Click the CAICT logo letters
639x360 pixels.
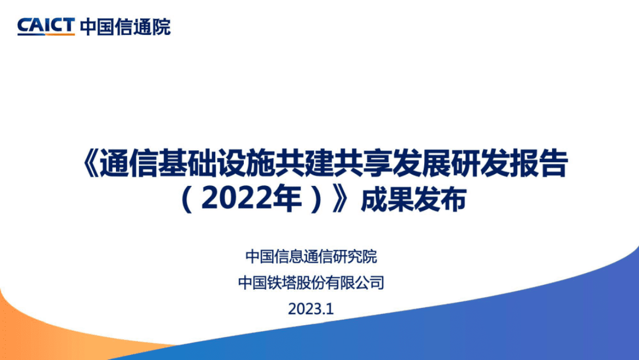pos(46,25)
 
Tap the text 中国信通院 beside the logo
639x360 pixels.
pos(125,26)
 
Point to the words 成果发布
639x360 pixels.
pos(412,201)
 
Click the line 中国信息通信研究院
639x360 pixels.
pos(311,256)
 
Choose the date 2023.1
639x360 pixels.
pos(311,309)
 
